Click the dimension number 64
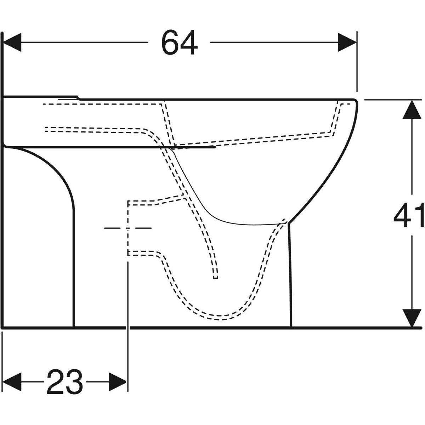click(179, 43)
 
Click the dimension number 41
click(409, 215)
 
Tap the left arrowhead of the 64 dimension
click(12, 42)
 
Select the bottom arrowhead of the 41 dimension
click(411, 317)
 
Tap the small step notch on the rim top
click(78, 97)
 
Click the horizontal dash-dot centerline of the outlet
click(117, 228)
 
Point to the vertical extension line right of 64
click(357, 64)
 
